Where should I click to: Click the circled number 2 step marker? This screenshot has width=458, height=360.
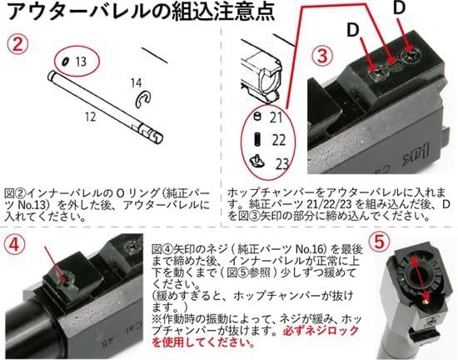[18, 43]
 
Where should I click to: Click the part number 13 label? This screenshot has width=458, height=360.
[81, 61]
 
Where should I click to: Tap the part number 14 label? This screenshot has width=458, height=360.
[136, 82]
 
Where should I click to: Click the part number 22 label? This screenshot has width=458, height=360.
[278, 138]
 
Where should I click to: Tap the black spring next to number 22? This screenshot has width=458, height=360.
[257, 137]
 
